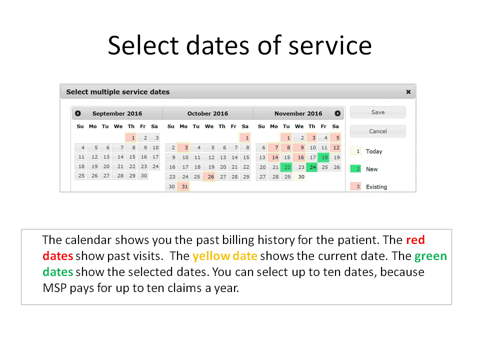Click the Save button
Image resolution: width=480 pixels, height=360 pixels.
click(x=378, y=112)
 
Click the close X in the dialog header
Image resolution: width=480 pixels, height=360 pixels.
click(x=408, y=92)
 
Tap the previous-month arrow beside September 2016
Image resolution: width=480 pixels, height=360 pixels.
click(x=78, y=113)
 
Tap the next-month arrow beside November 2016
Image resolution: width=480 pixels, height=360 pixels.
click(x=337, y=113)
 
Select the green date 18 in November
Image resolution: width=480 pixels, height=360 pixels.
click(x=324, y=157)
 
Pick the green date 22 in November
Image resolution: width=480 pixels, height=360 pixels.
click(x=286, y=167)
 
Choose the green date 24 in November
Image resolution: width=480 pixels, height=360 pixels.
click(x=312, y=167)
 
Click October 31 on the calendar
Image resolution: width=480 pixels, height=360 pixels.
click(x=183, y=186)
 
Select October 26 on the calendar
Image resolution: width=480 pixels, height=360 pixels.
click(x=209, y=176)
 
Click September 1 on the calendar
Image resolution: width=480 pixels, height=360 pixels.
click(x=131, y=138)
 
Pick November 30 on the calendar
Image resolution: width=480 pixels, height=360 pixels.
click(x=299, y=176)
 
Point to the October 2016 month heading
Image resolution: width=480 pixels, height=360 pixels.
click(x=207, y=113)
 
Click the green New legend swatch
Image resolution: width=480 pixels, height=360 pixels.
click(x=355, y=168)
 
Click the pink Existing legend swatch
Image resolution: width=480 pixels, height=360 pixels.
click(x=355, y=186)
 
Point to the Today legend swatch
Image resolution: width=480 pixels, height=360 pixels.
click(x=355, y=151)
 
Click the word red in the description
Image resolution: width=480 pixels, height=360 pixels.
click(x=415, y=240)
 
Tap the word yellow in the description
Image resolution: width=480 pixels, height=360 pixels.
click(x=211, y=256)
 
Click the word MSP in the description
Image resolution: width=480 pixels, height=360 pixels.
click(x=54, y=288)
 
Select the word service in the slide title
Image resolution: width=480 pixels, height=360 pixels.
click(x=330, y=45)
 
